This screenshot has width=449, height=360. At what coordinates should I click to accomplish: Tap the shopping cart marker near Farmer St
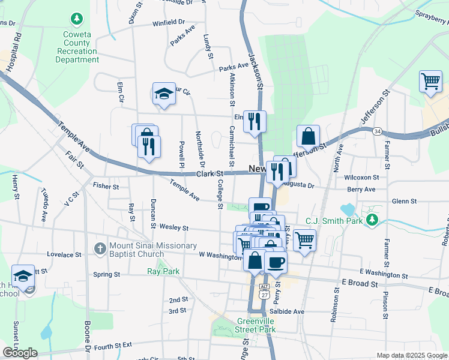click(x=430, y=81)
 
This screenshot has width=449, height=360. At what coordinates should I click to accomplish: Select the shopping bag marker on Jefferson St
click(x=308, y=136)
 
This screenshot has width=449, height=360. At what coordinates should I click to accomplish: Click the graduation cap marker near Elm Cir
click(x=164, y=94)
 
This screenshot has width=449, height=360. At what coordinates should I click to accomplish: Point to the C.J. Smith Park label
click(x=334, y=220)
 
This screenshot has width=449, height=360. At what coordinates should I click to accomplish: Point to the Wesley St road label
click(x=174, y=228)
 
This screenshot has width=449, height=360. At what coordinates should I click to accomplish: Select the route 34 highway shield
click(x=377, y=131)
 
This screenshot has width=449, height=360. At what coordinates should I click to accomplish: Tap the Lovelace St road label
click(x=64, y=254)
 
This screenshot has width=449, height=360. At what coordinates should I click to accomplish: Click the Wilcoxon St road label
click(x=361, y=178)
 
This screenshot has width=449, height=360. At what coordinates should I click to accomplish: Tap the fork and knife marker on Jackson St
click(x=255, y=122)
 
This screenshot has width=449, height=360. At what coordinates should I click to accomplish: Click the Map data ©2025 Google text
click(x=412, y=355)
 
